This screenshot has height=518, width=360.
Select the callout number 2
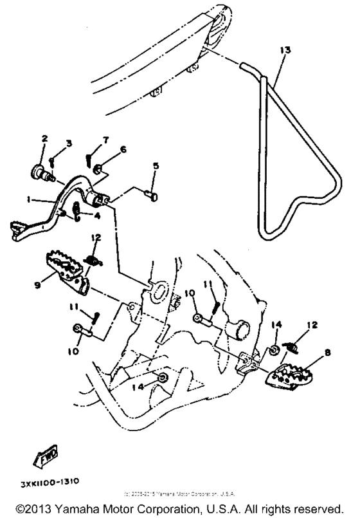tap(45, 138)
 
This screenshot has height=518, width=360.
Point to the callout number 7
tap(106, 140)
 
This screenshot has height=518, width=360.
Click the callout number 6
tap(123, 149)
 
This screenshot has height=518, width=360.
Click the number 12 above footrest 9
tap(94, 238)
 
